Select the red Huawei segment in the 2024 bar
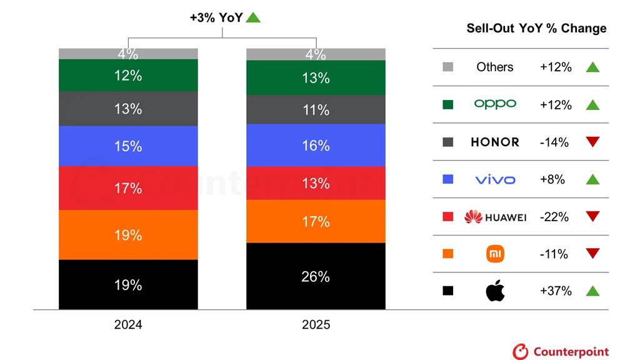[128, 188]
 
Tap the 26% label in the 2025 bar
[316, 276]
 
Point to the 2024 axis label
[128, 325]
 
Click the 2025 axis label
[316, 325]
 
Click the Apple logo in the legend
[495, 291]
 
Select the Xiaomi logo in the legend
[495, 254]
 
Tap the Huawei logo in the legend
[495, 217]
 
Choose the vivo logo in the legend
[495, 180]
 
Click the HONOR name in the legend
[495, 142]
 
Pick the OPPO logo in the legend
[495, 104]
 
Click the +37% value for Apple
[556, 291]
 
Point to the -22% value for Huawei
[556, 217]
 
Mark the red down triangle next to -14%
[592, 142]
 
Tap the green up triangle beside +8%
[592, 179]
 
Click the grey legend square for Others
[447, 67]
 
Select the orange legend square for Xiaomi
[447, 254]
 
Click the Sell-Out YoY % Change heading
[536, 28]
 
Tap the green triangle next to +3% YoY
[253, 17]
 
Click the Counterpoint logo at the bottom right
[561, 351]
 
